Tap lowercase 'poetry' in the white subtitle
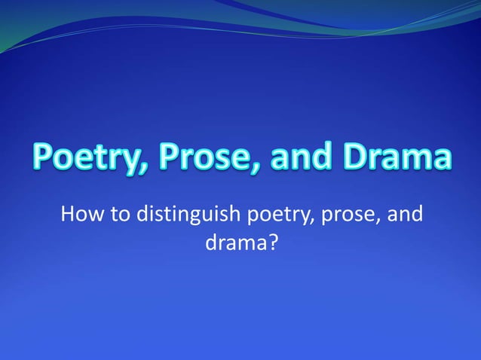coord(272,218)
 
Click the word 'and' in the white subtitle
coord(406,216)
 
